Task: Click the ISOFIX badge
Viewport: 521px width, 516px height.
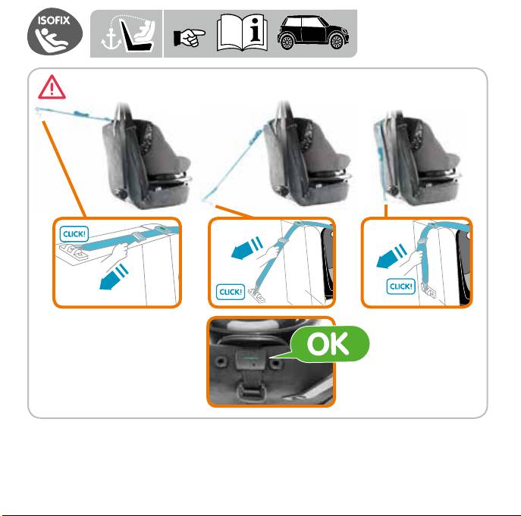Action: coord(55,32)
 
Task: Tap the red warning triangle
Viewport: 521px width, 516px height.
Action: coord(52,87)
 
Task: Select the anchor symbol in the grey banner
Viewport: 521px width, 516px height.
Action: coord(110,40)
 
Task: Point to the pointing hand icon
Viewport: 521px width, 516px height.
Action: coord(190,37)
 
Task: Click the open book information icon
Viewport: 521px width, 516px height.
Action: coord(242,33)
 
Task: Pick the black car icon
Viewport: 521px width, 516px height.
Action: coord(313,33)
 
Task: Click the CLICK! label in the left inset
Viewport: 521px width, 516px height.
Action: coord(74,234)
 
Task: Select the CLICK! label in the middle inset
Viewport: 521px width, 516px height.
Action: coord(231,292)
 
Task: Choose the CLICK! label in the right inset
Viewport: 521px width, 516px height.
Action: coord(400,286)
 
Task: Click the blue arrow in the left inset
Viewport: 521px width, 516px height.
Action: coord(114,277)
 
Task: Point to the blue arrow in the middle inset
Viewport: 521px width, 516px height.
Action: coord(247,248)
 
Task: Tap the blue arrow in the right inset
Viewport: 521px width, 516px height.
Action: coord(392,256)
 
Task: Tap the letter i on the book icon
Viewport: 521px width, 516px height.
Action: coord(256,30)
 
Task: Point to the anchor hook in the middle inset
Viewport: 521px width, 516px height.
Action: coord(257,296)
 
